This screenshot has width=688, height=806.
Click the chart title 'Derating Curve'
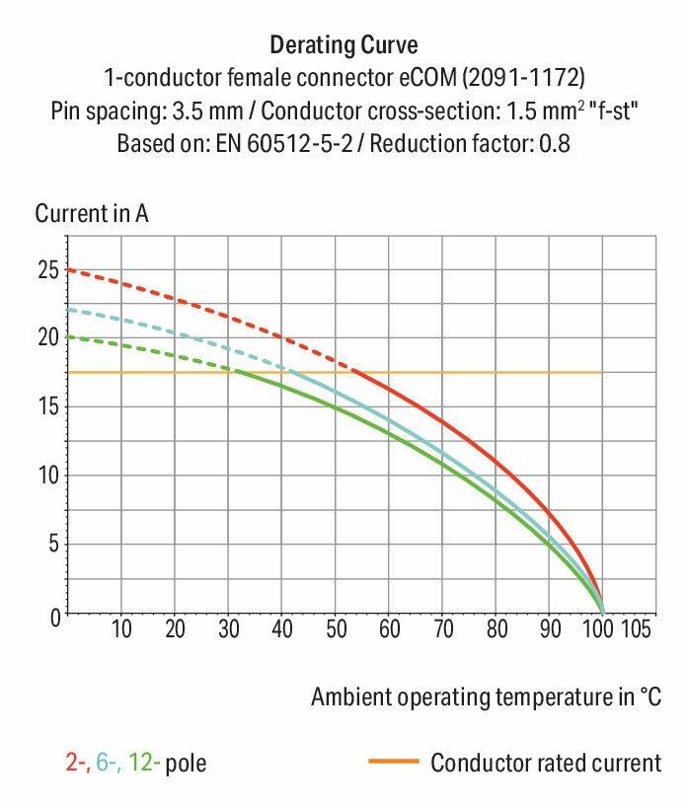(x=344, y=44)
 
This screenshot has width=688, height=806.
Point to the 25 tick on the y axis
(x=47, y=268)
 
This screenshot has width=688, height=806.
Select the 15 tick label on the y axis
(x=47, y=406)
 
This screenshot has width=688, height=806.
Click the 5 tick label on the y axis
(x=53, y=545)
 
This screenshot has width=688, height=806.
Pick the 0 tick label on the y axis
(x=53, y=617)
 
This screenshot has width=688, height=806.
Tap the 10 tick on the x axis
(x=121, y=628)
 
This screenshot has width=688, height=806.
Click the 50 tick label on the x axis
(x=335, y=628)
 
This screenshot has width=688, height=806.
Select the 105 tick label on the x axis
(x=635, y=628)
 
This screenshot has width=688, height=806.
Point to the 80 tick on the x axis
(x=495, y=628)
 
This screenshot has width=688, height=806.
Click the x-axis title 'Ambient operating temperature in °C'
(x=486, y=697)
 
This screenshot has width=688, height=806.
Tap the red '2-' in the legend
(x=74, y=763)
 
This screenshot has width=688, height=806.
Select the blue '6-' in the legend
(x=106, y=763)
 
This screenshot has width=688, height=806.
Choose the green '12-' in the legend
(x=140, y=763)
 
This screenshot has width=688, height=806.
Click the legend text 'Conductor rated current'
(x=545, y=763)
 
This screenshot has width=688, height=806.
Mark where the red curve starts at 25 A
(x=68, y=269)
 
